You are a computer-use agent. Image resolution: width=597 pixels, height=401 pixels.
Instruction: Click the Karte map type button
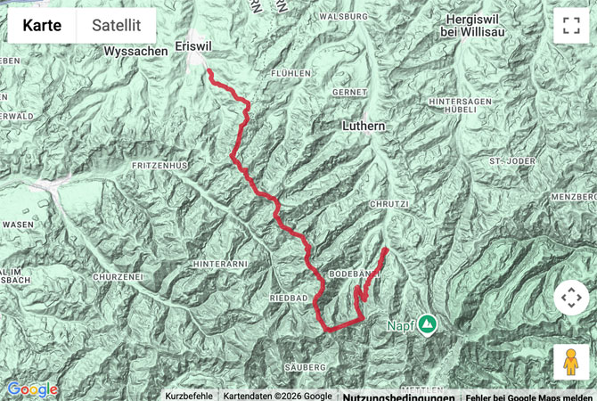42,26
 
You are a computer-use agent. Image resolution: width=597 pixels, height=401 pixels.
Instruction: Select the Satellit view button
116,26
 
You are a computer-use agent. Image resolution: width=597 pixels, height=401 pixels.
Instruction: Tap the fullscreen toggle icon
571,26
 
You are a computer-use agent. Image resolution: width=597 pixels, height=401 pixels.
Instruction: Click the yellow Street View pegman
571,363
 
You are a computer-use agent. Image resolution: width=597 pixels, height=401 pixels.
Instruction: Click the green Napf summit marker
427,324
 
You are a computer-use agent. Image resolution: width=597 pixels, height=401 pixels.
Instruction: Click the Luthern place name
364,127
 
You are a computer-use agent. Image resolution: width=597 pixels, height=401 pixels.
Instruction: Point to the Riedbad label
288,296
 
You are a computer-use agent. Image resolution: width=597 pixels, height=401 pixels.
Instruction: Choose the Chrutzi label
388,204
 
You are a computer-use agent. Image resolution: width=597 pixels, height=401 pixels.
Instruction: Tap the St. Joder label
510,160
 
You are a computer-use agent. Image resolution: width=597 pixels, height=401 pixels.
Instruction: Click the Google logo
32,389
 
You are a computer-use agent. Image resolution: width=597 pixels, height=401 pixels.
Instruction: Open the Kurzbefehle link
188,396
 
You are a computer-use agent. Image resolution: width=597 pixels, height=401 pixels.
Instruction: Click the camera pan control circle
571,298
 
